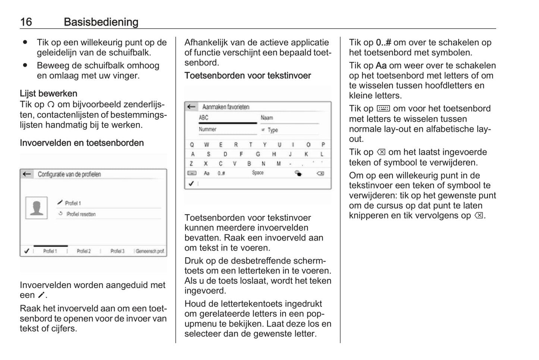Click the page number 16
[26, 22]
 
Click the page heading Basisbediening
[101, 22]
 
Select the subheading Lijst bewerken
[48, 93]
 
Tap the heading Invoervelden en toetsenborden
[82, 143]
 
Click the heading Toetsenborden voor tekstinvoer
[248, 75]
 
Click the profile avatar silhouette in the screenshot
[37, 208]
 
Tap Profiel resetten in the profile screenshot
[81, 214]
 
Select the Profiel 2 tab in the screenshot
[84, 251]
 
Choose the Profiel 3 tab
[117, 251]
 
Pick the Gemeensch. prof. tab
[150, 251]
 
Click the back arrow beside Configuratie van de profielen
[26, 174]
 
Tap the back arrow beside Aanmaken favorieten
[191, 107]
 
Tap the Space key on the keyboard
[258, 173]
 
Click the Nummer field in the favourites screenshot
[208, 129]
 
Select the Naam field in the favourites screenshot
[267, 118]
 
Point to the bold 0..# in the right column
[383, 43]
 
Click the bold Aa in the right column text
[381, 66]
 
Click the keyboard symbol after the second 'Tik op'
[383, 109]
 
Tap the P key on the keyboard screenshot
[323, 145]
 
